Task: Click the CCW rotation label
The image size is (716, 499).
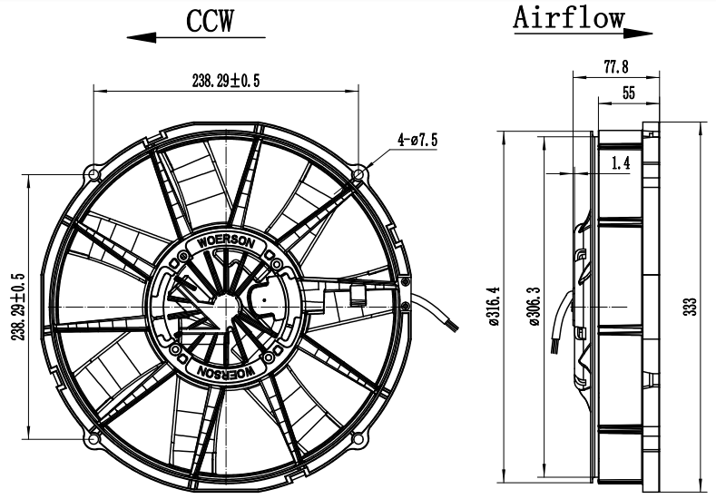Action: pos(210,20)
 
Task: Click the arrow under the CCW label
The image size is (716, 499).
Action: pos(196,38)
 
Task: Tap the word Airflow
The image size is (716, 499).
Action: pos(569,17)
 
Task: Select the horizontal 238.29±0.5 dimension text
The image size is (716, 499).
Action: pos(226,82)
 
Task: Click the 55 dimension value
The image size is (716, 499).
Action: pos(628,92)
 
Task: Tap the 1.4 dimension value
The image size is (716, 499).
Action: pos(622,163)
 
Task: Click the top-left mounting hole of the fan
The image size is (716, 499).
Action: pos(94,172)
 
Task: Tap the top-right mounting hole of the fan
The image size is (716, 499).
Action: pos(358,172)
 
